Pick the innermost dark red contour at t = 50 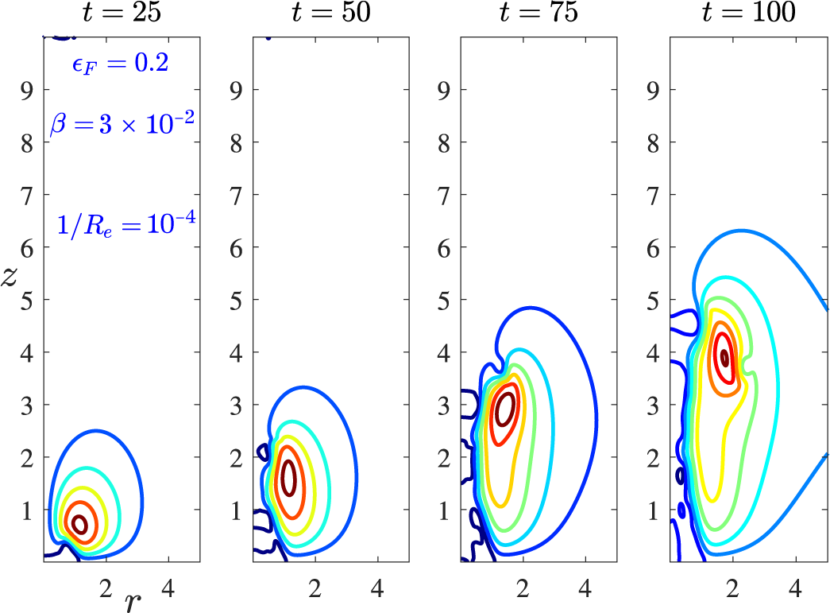tap(289, 478)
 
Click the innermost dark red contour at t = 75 tap(504, 410)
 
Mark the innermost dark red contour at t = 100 tap(724, 357)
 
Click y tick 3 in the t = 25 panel tap(30, 405)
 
